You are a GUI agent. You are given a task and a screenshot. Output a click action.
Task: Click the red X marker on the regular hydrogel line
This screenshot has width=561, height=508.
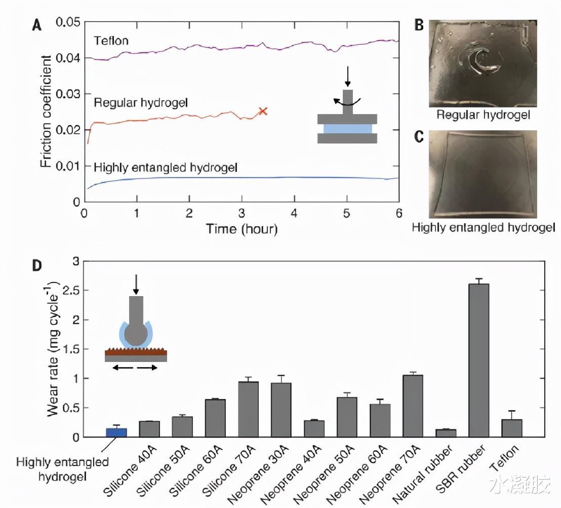pos(262,111)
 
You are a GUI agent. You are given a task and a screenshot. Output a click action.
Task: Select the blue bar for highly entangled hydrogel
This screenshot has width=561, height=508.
pos(116,432)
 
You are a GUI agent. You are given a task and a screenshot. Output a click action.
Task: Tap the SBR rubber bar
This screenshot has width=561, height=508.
pos(478,360)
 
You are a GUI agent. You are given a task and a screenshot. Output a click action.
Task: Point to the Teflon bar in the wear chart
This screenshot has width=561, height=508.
pos(511,428)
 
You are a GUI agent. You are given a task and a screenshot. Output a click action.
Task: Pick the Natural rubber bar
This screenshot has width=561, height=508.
pos(446,433)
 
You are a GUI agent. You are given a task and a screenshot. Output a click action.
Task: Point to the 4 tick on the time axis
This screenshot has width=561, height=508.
pos(294,212)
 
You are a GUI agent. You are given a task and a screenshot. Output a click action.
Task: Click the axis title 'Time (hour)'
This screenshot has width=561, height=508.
pos(242,229)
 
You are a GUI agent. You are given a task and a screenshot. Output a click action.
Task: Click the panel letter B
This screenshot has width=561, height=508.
pos(419,25)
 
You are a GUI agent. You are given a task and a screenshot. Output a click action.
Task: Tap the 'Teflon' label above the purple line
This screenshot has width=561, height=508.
pos(111,41)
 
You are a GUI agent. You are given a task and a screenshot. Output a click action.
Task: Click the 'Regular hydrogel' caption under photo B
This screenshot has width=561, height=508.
pos(483,115)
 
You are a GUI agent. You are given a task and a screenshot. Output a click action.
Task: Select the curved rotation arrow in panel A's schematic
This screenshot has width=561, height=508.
pos(345,102)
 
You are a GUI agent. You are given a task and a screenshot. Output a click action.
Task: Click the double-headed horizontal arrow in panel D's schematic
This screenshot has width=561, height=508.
pos(135,368)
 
